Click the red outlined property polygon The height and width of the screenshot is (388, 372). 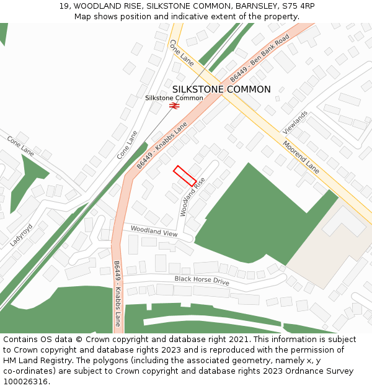(185, 176)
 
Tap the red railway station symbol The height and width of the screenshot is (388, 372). (174, 106)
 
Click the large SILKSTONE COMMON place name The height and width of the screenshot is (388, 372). (221, 89)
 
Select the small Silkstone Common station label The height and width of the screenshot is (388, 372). (174, 98)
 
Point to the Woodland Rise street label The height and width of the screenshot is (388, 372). (193, 197)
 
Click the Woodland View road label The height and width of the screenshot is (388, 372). (154, 232)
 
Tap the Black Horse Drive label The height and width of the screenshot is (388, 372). (201, 281)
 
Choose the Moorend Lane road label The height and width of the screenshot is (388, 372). (301, 157)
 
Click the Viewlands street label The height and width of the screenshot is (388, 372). (295, 123)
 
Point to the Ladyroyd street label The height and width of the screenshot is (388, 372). (22, 235)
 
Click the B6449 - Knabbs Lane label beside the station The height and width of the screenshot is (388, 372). (162, 145)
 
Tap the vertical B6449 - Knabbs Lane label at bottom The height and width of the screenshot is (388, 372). (117, 294)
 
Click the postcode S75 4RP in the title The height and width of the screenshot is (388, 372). (298, 6)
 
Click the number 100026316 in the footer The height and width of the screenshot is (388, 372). (25, 382)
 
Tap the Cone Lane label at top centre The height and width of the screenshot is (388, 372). (182, 53)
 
